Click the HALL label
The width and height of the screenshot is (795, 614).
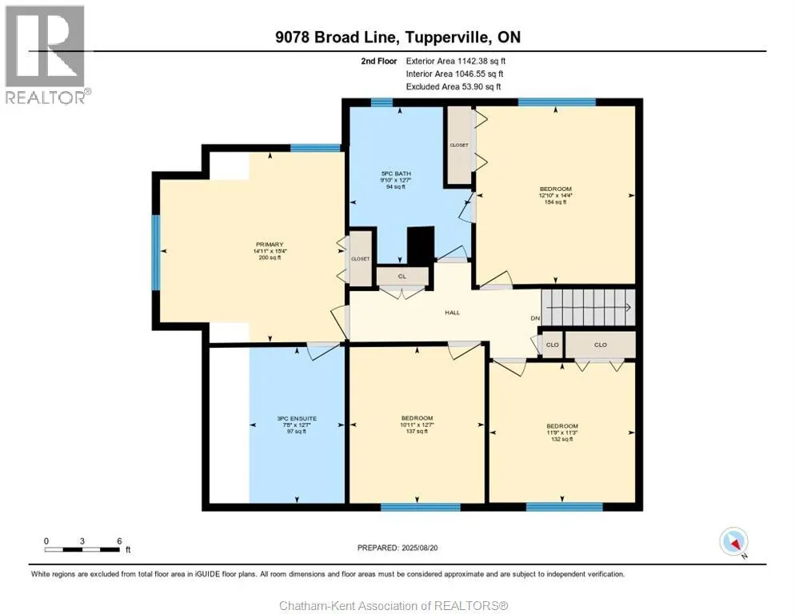point(453,313)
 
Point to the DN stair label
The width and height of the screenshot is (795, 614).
point(535,319)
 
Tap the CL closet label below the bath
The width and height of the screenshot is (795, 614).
point(402,276)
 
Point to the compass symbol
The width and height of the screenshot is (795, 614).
point(733,542)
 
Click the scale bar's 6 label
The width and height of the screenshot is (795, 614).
point(118,540)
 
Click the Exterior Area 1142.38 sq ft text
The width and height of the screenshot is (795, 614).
point(456,60)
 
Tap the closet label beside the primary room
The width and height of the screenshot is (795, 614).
point(360,259)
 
